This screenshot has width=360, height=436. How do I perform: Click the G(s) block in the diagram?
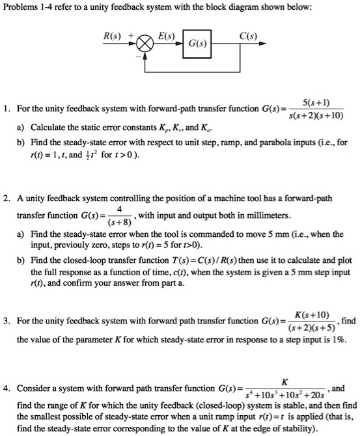(x=194, y=44)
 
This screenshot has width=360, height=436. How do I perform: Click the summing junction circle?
(x=140, y=44)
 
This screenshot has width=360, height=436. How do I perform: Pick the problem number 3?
(x=7, y=321)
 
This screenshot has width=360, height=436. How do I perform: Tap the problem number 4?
(x=7, y=388)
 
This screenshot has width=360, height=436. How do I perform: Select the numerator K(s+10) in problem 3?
(x=312, y=314)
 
